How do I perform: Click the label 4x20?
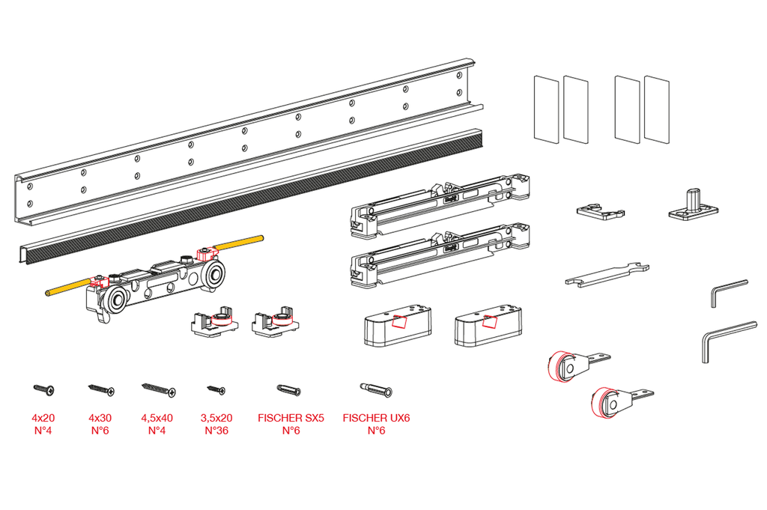coord(43,417)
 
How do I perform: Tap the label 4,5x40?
coord(157,417)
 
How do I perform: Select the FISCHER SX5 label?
coord(291,417)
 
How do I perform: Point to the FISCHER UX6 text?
coord(376,417)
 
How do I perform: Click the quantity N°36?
coord(216,430)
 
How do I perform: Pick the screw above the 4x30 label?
coord(101,389)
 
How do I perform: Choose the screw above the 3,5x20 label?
coord(216,389)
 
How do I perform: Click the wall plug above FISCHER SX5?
coord(290,390)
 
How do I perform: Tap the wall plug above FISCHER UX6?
coord(376,390)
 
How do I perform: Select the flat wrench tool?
coord(607,275)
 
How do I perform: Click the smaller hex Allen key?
coord(726,291)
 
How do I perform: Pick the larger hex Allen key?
coord(727,336)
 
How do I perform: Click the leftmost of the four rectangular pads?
coord(545,109)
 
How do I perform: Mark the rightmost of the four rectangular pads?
coord(656,109)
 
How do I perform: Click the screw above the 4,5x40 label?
coord(157,389)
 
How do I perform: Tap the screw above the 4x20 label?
coord(43,389)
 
